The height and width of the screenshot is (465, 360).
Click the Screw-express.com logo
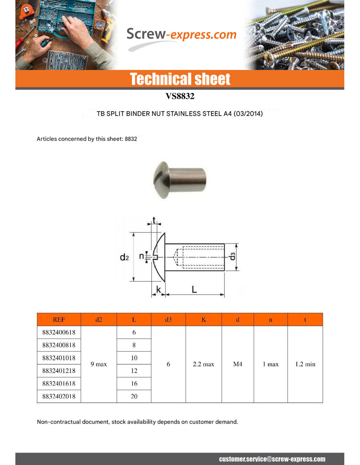181,35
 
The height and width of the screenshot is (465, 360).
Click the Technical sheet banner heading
180,79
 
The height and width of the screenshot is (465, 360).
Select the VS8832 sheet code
180,96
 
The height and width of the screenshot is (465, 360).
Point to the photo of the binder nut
180,180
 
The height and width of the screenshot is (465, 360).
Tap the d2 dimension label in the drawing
124,257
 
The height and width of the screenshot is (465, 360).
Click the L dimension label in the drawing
194,289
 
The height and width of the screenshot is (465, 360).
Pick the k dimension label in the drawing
159,290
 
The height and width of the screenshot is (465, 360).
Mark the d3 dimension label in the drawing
232,257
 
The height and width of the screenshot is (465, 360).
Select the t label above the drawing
154,220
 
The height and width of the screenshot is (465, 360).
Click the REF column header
59,319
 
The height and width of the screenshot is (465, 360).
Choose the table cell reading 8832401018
59,358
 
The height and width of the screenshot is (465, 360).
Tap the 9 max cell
99,364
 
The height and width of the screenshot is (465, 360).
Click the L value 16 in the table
134,383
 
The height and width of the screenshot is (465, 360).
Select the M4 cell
238,364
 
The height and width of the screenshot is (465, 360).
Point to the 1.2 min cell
305,364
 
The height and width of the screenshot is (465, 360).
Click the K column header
204,319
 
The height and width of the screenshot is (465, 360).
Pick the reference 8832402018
59,396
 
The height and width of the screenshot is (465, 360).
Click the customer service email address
272,459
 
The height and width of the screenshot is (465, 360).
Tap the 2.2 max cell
204,364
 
